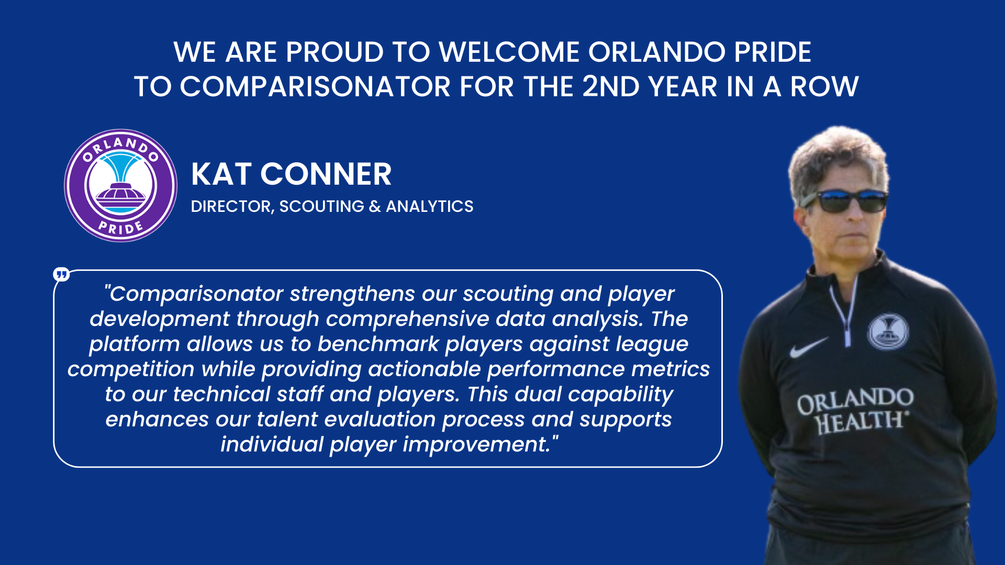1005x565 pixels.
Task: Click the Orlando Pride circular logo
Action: tap(120, 185)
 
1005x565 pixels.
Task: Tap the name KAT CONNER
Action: tap(291, 174)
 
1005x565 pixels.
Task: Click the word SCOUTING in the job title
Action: tap(321, 206)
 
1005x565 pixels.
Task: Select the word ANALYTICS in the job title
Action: tap(430, 206)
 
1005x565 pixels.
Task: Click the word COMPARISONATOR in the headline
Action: tap(315, 86)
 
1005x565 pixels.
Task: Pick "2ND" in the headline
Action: tap(611, 86)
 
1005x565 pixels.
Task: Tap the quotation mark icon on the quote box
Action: tap(61, 274)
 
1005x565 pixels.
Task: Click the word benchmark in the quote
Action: tap(378, 344)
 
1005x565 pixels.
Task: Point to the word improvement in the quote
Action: tap(476, 444)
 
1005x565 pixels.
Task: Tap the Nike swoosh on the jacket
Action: tap(809, 347)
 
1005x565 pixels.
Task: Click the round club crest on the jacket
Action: tap(888, 332)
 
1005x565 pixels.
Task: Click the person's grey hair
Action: tap(837, 157)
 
